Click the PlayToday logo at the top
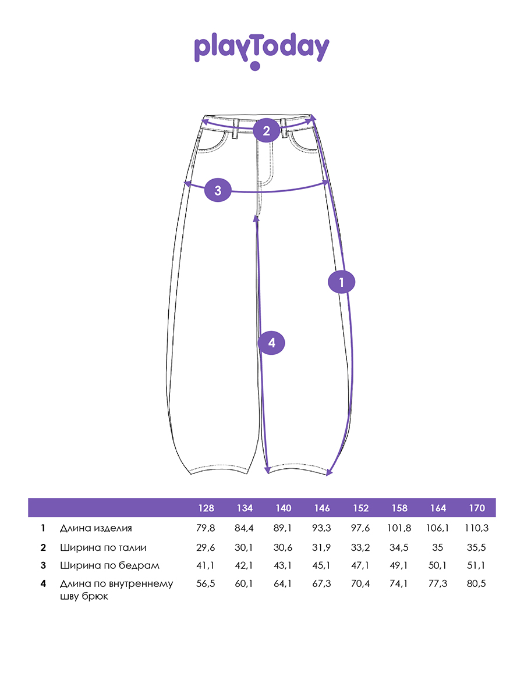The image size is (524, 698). pos(261,51)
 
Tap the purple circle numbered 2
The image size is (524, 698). pos(267,131)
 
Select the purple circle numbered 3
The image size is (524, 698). pos(218,190)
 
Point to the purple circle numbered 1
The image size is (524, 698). pos(341,282)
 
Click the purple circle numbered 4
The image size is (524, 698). pos(271,343)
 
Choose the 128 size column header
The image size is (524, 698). pos(206,508)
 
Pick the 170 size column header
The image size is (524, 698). pos(477,508)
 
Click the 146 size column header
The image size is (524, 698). pos(322,508)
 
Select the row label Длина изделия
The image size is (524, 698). pos(96,528)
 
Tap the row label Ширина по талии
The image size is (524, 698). pos(103,547)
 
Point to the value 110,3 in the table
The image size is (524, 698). pos(477,528)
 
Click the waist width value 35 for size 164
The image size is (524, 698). pos(438,547)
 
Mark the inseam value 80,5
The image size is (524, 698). pos(477,584)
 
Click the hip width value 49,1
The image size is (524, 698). pos(399,565)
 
